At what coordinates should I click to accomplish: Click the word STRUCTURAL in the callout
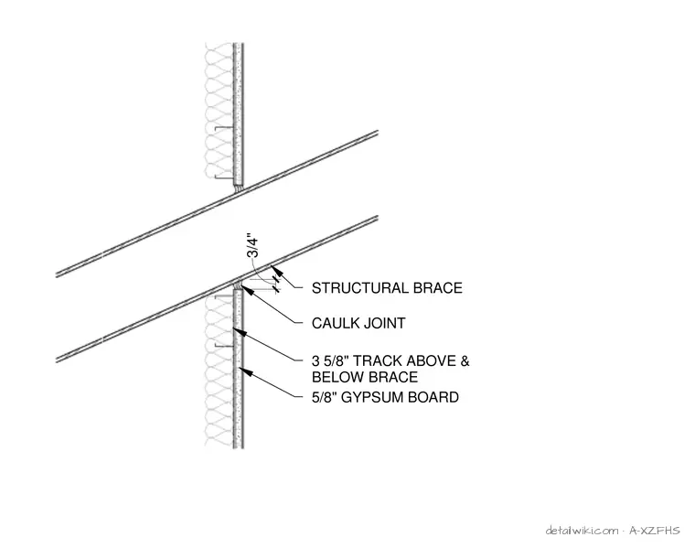(x=360, y=288)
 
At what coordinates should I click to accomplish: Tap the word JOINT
(x=384, y=323)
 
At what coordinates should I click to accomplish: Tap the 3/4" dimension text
(x=252, y=245)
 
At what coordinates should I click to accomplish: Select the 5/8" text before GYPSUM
(x=325, y=397)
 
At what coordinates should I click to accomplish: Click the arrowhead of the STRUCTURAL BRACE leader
(x=275, y=270)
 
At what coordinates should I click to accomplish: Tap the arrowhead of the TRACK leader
(x=238, y=332)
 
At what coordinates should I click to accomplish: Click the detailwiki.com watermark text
(x=582, y=531)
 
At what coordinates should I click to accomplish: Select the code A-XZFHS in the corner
(x=654, y=531)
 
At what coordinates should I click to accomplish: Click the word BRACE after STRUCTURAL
(x=438, y=288)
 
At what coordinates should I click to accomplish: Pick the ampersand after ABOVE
(x=465, y=360)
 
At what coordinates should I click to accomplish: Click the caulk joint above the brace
(x=240, y=188)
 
